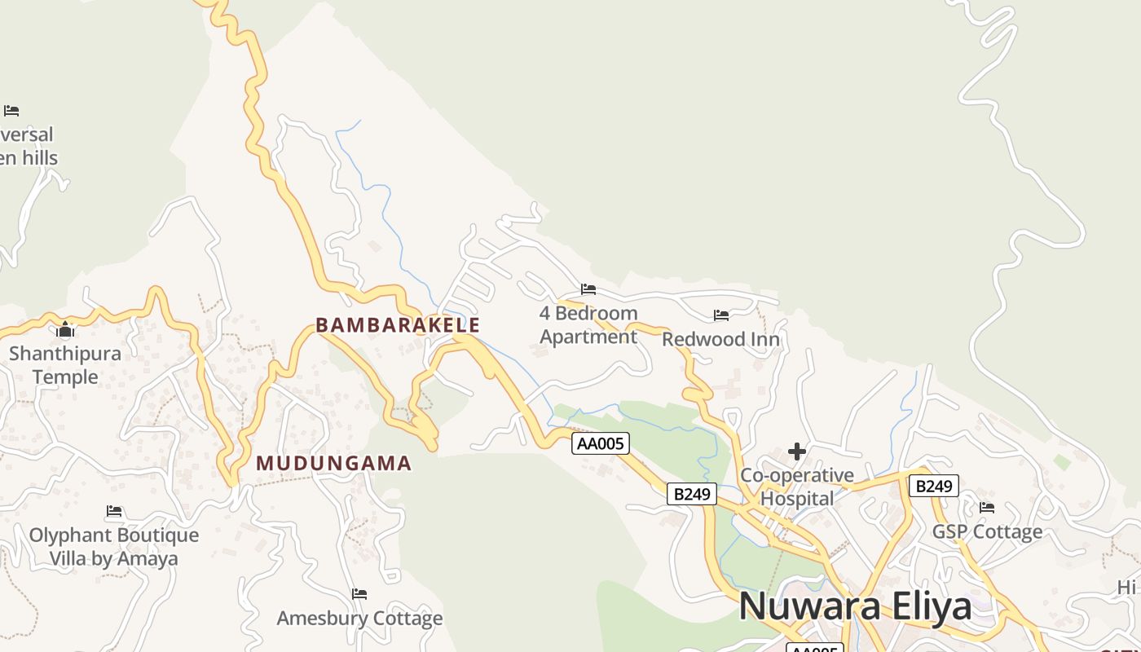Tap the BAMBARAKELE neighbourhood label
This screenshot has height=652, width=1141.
tap(398, 325)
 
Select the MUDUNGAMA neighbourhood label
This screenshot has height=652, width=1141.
tap(334, 464)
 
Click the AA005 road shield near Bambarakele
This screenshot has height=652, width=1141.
tap(601, 443)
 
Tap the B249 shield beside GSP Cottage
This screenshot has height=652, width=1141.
tap(934, 487)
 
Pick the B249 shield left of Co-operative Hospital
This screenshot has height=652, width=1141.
tap(692, 493)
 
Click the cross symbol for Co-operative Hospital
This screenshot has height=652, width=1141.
tap(797, 452)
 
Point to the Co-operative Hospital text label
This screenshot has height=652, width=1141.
tap(797, 487)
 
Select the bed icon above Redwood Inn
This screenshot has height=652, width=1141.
tap(721, 315)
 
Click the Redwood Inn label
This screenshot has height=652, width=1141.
tap(720, 339)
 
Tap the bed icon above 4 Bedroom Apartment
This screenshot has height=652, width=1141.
tap(588, 289)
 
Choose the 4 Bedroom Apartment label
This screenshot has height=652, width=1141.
tap(588, 324)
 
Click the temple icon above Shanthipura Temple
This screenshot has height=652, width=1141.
tap(65, 330)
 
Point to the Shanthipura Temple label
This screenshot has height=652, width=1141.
tap(65, 365)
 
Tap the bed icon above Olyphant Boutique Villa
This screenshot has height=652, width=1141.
tap(114, 511)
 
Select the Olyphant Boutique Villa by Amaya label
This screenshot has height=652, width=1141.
tap(114, 547)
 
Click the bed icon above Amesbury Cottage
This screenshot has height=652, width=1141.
tap(359, 594)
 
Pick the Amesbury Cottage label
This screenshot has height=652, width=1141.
tap(359, 619)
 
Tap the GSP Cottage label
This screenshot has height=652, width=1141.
tap(987, 532)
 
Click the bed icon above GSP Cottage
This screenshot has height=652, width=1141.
tap(987, 508)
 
